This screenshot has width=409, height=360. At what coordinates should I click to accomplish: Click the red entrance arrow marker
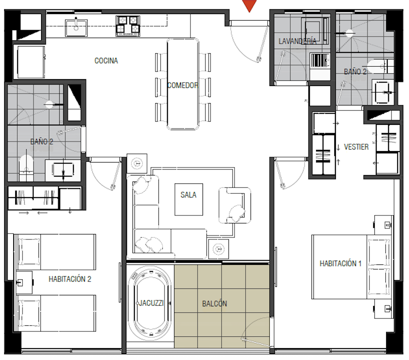pyautogui.click(x=249, y=6)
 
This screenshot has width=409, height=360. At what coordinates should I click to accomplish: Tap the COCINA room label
pyautogui.click(x=106, y=61)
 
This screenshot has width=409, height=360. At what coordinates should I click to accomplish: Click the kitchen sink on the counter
pyautogui.click(x=76, y=28)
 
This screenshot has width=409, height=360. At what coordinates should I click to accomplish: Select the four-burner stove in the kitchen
pyautogui.click(x=128, y=26)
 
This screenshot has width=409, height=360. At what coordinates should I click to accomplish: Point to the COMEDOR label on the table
pyautogui.click(x=182, y=85)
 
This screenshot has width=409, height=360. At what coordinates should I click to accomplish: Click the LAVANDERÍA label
pyautogui.click(x=297, y=41)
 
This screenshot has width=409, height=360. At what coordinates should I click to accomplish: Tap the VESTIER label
pyautogui.click(x=356, y=147)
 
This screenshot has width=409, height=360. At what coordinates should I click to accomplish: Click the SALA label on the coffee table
pyautogui.click(x=189, y=195)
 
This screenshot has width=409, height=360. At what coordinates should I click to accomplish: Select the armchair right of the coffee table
pyautogui.click(x=235, y=205)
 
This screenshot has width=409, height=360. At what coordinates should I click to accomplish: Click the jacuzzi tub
pyautogui.click(x=150, y=303)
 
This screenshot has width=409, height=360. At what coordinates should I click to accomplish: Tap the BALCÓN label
pyautogui.click(x=214, y=304)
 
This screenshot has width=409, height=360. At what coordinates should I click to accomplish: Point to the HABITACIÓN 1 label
pyautogui.click(x=340, y=264)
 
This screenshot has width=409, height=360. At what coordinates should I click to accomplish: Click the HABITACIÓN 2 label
pyautogui.click(x=70, y=279)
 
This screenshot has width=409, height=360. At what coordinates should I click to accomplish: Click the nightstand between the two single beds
pyautogui.click(x=24, y=282)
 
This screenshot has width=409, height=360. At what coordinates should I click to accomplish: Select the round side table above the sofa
pyautogui.click(x=137, y=164)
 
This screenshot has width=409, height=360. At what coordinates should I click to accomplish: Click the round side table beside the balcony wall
pyautogui.click(x=219, y=249)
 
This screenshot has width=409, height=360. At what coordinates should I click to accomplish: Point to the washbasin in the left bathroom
pyautogui.click(x=63, y=170)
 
